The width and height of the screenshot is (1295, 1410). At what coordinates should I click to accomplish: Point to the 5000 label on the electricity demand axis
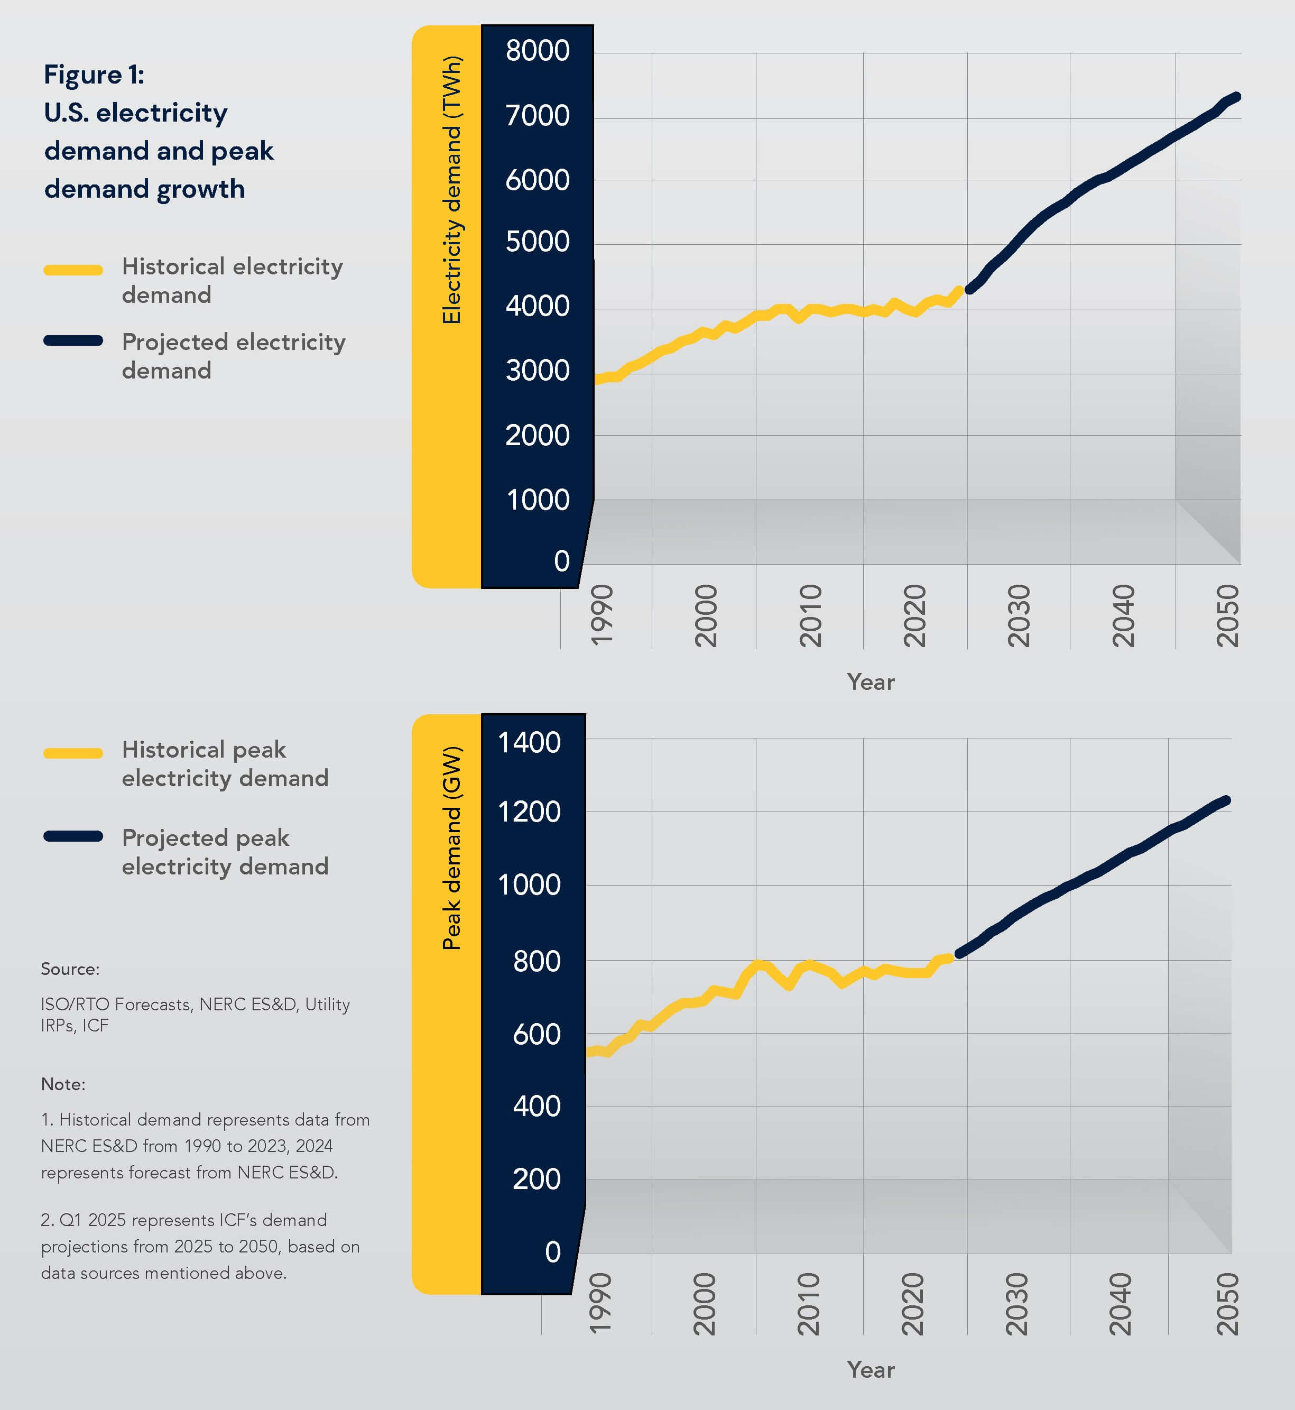coord(538,242)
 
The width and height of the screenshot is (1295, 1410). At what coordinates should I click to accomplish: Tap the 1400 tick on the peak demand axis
coord(529,743)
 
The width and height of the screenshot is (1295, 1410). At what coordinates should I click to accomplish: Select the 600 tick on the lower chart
coord(537,1035)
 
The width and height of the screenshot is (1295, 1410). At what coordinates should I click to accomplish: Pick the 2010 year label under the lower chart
coord(809,1304)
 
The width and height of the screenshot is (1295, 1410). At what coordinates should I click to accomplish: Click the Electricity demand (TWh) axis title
coord(452,189)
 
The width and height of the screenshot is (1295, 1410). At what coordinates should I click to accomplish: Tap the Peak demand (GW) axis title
coord(452,848)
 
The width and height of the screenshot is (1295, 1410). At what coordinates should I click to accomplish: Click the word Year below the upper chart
coord(871,682)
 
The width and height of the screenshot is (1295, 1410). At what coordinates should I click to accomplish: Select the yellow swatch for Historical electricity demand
coord(73,270)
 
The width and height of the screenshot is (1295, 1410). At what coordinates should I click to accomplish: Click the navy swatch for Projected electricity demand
coord(73,340)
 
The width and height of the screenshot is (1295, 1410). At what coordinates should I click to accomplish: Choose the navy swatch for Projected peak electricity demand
coord(73,835)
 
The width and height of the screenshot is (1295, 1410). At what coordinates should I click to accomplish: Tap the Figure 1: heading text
coord(94,75)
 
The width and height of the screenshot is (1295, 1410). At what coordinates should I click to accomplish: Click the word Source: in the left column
coord(70,969)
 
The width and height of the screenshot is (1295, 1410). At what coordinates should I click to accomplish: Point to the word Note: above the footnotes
coord(63,1084)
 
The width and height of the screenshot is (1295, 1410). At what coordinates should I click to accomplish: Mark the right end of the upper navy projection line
coord(1237,97)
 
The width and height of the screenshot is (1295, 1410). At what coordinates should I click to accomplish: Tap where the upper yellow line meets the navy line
coord(965,289)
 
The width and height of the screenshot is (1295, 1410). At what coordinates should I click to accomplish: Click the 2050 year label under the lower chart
coord(1227,1304)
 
